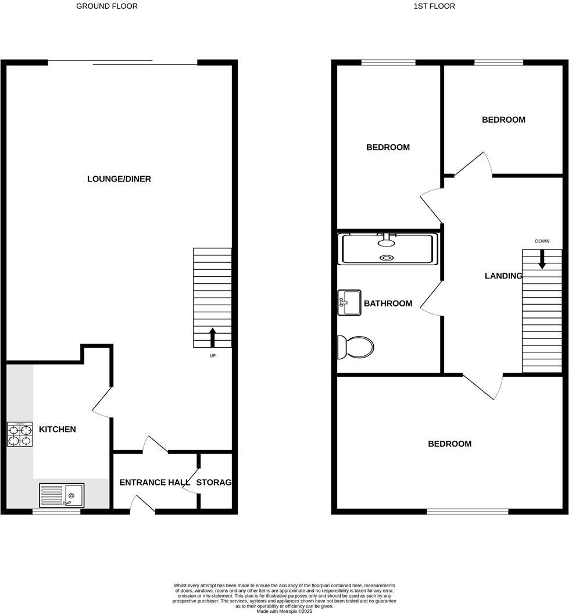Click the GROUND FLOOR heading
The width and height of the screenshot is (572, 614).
(107, 6)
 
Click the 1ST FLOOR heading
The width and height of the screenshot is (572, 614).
(434, 6)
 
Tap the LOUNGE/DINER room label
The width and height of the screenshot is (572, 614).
(119, 179)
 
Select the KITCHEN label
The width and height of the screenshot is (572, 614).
(57, 430)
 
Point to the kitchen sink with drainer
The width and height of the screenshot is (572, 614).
(62, 495)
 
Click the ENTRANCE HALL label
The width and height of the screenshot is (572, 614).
(155, 483)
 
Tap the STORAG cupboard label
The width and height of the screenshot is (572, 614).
(214, 483)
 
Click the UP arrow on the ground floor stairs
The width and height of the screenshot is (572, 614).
(212, 337)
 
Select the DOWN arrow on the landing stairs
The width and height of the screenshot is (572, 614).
(542, 259)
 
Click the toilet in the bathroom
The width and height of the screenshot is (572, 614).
(355, 347)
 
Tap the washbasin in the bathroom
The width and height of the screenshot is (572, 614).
(349, 302)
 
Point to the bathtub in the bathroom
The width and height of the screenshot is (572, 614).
(388, 249)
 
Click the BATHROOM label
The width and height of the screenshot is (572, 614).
(388, 304)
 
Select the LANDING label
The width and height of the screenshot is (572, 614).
(503, 276)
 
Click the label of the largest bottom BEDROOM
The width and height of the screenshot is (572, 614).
(449, 444)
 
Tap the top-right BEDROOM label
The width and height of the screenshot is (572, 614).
(503, 120)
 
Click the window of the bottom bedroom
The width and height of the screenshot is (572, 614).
(467, 512)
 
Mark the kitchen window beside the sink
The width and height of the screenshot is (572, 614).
(56, 512)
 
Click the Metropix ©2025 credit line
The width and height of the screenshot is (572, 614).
(284, 611)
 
